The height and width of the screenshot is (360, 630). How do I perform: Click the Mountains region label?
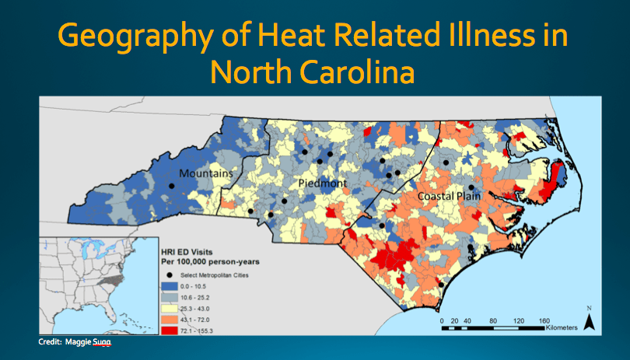206,174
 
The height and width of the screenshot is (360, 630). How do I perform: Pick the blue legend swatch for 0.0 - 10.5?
173,287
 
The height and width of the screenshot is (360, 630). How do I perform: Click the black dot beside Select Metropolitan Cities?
170,276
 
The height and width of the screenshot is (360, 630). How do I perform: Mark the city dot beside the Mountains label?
171,187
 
